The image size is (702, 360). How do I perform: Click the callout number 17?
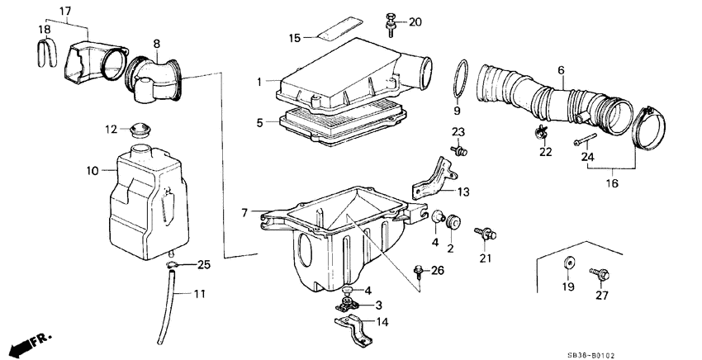[65, 11]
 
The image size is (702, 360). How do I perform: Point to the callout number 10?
[92, 171]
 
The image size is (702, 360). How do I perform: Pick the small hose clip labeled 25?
[172, 265]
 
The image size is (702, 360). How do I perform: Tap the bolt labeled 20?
[390, 25]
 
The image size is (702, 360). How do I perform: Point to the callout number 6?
[561, 70]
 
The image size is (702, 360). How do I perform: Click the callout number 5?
[259, 122]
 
